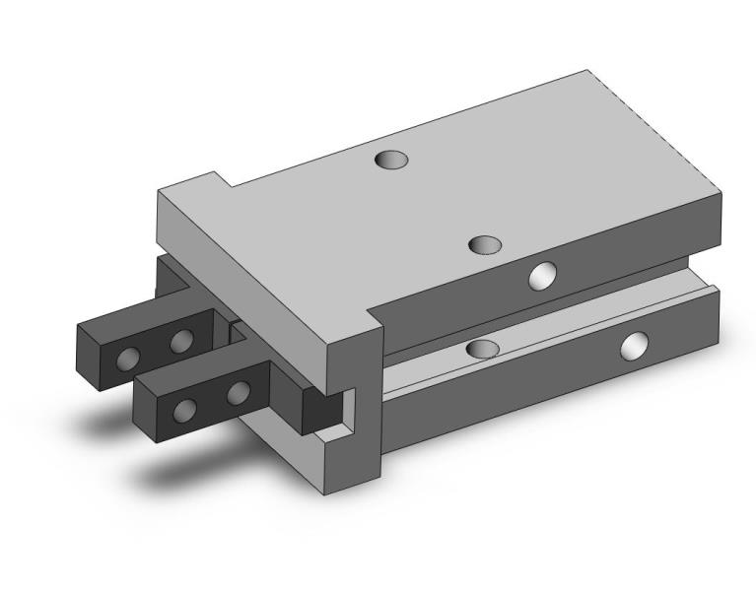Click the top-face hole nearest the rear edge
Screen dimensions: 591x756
(x=391, y=159)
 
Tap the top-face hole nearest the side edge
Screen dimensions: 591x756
(x=485, y=245)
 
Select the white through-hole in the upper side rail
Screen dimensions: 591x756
(x=542, y=277)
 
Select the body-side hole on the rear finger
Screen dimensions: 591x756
(x=181, y=341)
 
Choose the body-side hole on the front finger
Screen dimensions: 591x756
(x=238, y=394)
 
